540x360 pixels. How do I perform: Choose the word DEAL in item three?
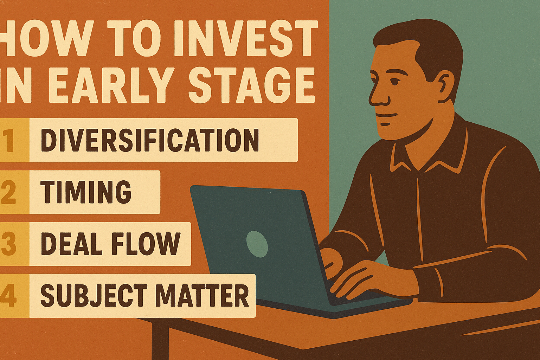click(72, 244)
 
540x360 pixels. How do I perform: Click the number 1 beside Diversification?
click(9, 140)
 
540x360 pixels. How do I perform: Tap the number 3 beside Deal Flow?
click(8, 244)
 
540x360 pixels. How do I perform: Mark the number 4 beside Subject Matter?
click(8, 295)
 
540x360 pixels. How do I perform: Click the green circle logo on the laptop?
click(257, 244)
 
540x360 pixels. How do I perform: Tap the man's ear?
click(445, 84)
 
